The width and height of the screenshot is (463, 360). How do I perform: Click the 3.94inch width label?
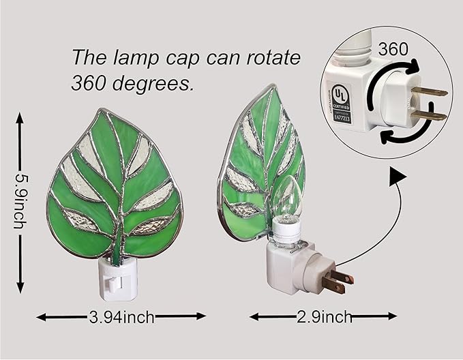121,316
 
